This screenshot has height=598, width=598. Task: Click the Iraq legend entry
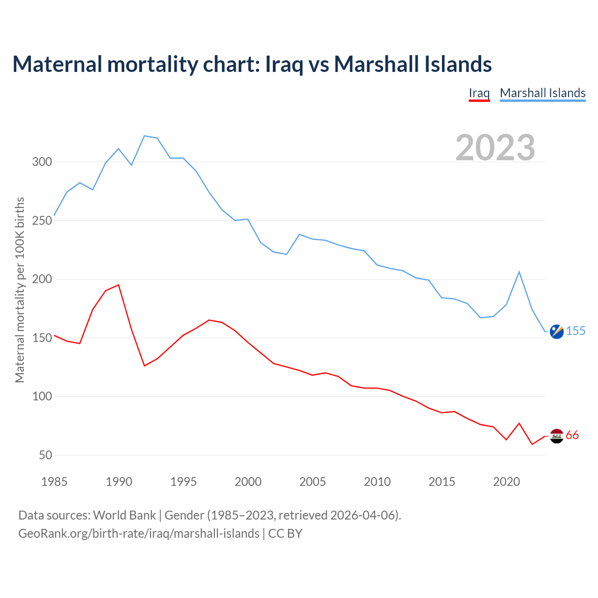pos(479,93)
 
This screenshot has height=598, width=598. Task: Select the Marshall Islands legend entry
pos(542,93)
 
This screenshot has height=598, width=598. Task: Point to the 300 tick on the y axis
pos(42,162)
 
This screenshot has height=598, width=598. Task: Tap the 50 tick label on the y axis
pos(45,455)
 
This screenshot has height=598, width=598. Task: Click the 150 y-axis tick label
pos(42,338)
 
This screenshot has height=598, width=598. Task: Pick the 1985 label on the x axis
pos(54,482)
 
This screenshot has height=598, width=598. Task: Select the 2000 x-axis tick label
pos(248,482)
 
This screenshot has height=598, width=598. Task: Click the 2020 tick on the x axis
pos(506,482)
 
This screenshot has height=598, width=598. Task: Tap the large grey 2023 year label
pos(495,148)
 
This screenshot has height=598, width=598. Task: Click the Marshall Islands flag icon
pos(556,331)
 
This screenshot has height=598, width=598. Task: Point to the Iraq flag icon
pos(556,436)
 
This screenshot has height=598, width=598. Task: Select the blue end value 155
pos(576,331)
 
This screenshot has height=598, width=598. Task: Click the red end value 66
pos(572,435)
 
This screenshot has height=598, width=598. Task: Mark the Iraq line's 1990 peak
pos(119,285)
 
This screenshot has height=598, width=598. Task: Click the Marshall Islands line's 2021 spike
pos(519,272)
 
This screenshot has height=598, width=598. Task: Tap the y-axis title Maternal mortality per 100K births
pos(20,290)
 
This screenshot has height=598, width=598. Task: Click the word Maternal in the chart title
pos(57,64)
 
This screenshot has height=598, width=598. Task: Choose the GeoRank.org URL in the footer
pos(139,534)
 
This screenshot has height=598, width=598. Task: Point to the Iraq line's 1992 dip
pos(144,365)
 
